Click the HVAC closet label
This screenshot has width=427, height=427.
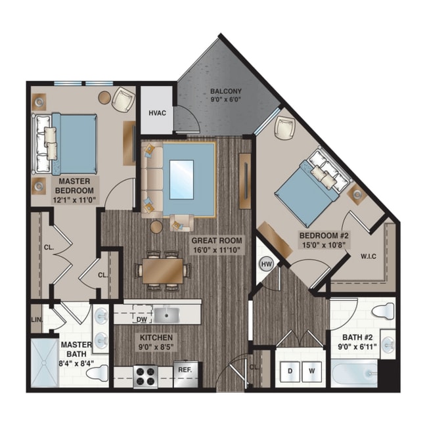(x=157, y=113)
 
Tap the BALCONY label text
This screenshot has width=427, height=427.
(x=226, y=91)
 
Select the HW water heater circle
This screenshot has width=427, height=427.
(x=266, y=264)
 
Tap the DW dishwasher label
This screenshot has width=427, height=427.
(x=141, y=320)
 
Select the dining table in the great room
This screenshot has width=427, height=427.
(x=162, y=269)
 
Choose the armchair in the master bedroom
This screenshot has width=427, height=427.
(x=124, y=100)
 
